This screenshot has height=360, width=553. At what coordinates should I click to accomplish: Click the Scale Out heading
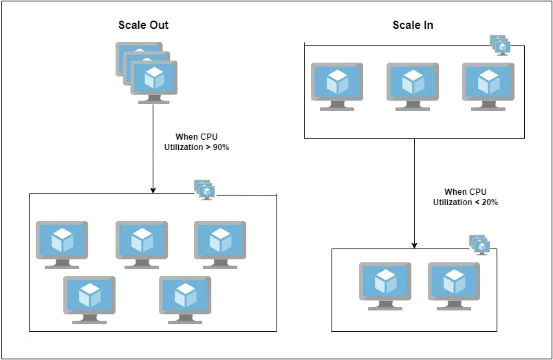[x=144, y=25]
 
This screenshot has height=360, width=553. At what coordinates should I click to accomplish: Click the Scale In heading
[x=413, y=25]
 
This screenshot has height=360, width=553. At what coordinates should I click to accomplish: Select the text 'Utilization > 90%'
[x=197, y=147]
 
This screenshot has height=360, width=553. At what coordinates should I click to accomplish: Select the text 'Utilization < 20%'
[x=466, y=202]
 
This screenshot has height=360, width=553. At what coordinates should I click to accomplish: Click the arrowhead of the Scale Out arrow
[x=153, y=190]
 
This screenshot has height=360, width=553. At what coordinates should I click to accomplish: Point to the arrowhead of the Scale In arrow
[x=414, y=245]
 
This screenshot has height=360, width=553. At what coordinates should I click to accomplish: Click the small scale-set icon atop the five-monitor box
[x=204, y=189]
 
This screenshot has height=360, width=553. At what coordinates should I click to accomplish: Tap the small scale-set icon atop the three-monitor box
[x=500, y=45]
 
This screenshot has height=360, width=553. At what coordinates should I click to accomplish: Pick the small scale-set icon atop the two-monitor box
[x=479, y=244]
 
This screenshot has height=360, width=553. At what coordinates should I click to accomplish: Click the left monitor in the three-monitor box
[x=337, y=86]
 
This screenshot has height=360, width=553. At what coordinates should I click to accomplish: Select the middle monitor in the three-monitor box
[x=413, y=86]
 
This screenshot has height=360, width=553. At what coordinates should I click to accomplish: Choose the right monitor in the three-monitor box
[x=488, y=86]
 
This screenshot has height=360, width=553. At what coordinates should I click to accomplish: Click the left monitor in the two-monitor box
[x=385, y=285]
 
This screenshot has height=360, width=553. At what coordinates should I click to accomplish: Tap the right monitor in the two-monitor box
[x=454, y=285]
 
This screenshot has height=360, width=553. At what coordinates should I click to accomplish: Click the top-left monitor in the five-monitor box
[x=62, y=244]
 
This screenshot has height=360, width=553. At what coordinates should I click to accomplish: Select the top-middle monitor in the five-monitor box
[x=142, y=244]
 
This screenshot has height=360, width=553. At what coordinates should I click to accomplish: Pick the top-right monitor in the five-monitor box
[x=220, y=244]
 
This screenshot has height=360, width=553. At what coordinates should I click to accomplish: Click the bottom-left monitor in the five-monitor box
[x=89, y=299]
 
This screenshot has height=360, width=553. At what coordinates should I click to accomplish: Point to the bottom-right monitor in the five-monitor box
[x=186, y=299]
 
